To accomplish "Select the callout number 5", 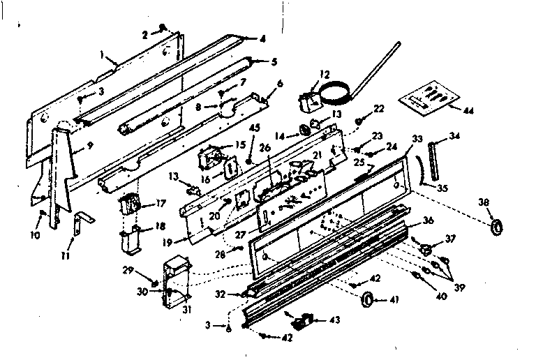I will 255,61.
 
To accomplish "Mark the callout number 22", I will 378,108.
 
